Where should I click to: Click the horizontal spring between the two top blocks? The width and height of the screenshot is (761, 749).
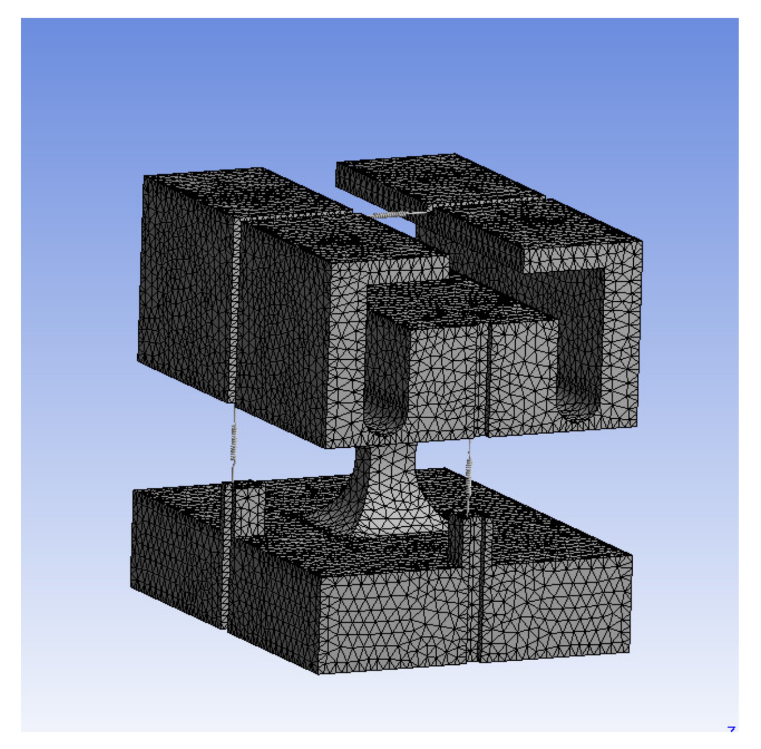tap(397, 213)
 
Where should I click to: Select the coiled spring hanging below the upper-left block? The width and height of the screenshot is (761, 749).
tap(234, 442)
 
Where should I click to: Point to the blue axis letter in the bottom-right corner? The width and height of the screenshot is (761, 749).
tap(731, 729)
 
